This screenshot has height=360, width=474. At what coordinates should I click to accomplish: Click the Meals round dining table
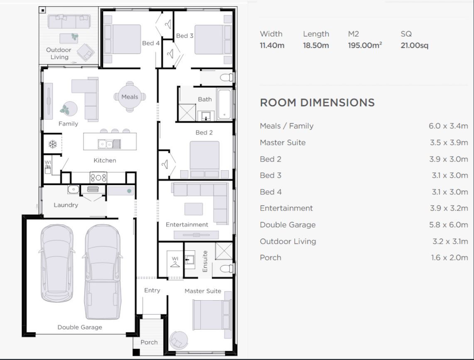130,97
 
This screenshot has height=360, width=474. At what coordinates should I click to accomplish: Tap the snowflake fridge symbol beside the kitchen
53,144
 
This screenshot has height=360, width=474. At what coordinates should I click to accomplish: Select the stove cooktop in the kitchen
98,177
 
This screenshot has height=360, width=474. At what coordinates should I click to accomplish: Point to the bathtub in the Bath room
224,104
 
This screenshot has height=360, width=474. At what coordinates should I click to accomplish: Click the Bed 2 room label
204,132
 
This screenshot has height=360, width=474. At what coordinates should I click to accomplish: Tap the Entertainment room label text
187,225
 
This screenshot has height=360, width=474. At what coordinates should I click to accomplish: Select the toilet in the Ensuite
226,268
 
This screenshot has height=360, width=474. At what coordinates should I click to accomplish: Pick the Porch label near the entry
149,342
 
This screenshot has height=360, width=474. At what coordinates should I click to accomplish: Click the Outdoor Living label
59,53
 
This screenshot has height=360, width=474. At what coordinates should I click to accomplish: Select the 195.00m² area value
365,45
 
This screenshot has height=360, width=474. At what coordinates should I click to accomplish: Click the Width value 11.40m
272,45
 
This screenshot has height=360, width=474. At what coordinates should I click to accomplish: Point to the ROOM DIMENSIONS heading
317,103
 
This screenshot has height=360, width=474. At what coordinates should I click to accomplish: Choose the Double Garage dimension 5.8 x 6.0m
448,225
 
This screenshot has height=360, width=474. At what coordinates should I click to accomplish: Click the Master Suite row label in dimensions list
282,142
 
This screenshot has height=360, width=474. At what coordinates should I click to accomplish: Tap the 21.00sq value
414,45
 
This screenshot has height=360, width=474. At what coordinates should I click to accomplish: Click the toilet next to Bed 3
227,77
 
